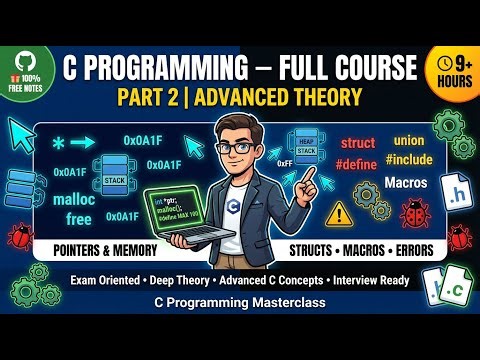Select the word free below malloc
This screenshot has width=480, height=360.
[61, 218]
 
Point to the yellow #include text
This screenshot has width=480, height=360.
[410, 160]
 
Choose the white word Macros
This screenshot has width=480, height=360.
[405, 184]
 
